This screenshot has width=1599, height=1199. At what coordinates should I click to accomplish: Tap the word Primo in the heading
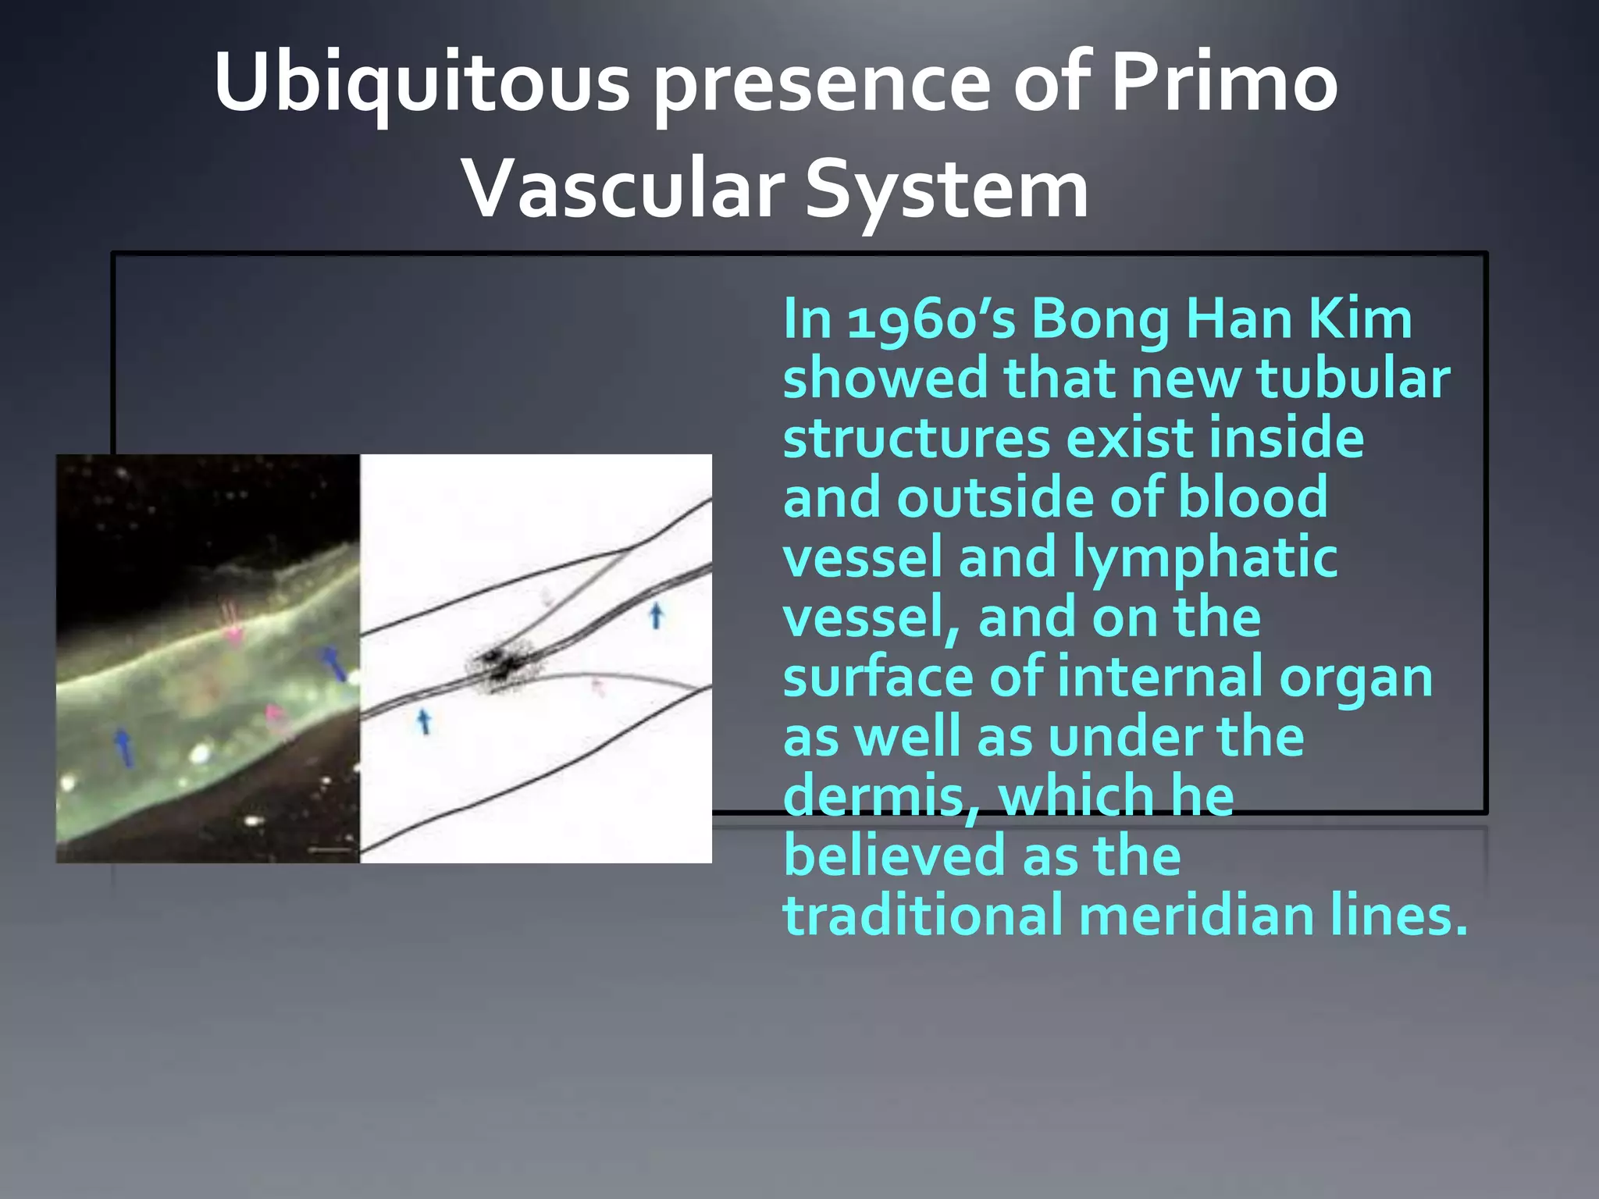click(1224, 83)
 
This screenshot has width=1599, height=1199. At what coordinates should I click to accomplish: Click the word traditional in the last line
click(922, 916)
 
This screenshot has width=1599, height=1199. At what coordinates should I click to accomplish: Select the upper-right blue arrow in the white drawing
click(656, 615)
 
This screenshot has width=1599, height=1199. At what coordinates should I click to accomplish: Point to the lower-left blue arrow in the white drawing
click(424, 720)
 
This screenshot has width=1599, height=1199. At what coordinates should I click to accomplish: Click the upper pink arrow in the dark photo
click(232, 625)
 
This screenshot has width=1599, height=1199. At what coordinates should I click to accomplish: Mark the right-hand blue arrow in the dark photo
click(333, 664)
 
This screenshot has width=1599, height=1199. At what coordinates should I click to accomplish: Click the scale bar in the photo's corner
click(330, 849)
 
